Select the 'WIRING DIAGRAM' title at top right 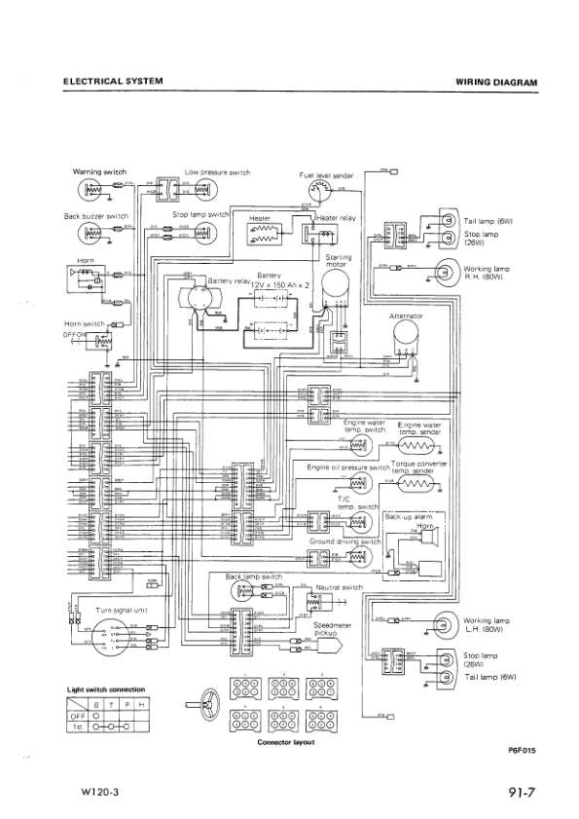click(495, 83)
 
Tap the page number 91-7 click(522, 792)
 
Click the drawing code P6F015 click(522, 750)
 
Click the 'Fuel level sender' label click(326, 175)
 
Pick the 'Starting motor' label click(338, 260)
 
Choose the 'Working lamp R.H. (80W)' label click(487, 271)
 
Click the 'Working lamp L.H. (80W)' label click(487, 623)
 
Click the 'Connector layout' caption click(281, 741)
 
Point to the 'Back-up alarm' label click(408, 516)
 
